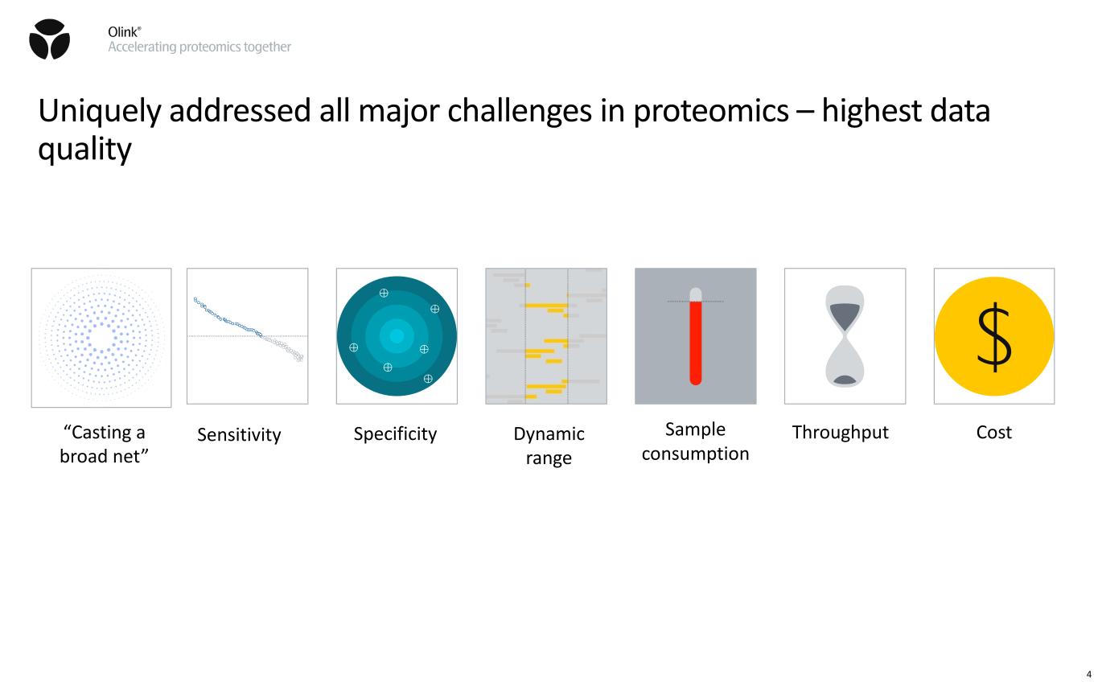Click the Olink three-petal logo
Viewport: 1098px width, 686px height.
[x=50, y=39]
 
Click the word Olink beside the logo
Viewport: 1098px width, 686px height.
[x=124, y=32]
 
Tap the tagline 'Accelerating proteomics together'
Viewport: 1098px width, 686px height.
[x=199, y=47]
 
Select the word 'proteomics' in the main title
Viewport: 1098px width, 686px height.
[x=711, y=112]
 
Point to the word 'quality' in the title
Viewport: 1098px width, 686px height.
[x=84, y=149]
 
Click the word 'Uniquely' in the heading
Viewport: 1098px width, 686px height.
[x=100, y=112]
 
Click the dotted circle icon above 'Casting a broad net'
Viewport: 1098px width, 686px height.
[x=101, y=337]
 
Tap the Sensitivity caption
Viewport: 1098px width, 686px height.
[x=239, y=434]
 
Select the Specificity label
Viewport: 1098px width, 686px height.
[x=395, y=434]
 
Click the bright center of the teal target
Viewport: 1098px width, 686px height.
[x=397, y=335]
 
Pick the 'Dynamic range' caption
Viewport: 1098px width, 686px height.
[x=549, y=446]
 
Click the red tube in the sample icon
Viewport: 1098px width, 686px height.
[x=696, y=343]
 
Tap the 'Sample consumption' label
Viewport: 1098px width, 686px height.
[x=696, y=441]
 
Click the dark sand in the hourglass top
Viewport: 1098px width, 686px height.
[x=845, y=316]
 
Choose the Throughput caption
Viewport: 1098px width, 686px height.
[x=840, y=432]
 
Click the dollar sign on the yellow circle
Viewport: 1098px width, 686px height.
[x=994, y=337]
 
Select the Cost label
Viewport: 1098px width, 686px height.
[x=994, y=432]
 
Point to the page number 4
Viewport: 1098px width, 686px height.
[x=1088, y=674]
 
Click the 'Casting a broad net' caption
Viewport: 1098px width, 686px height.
[x=104, y=444]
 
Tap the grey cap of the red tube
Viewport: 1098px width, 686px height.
[x=696, y=294]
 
